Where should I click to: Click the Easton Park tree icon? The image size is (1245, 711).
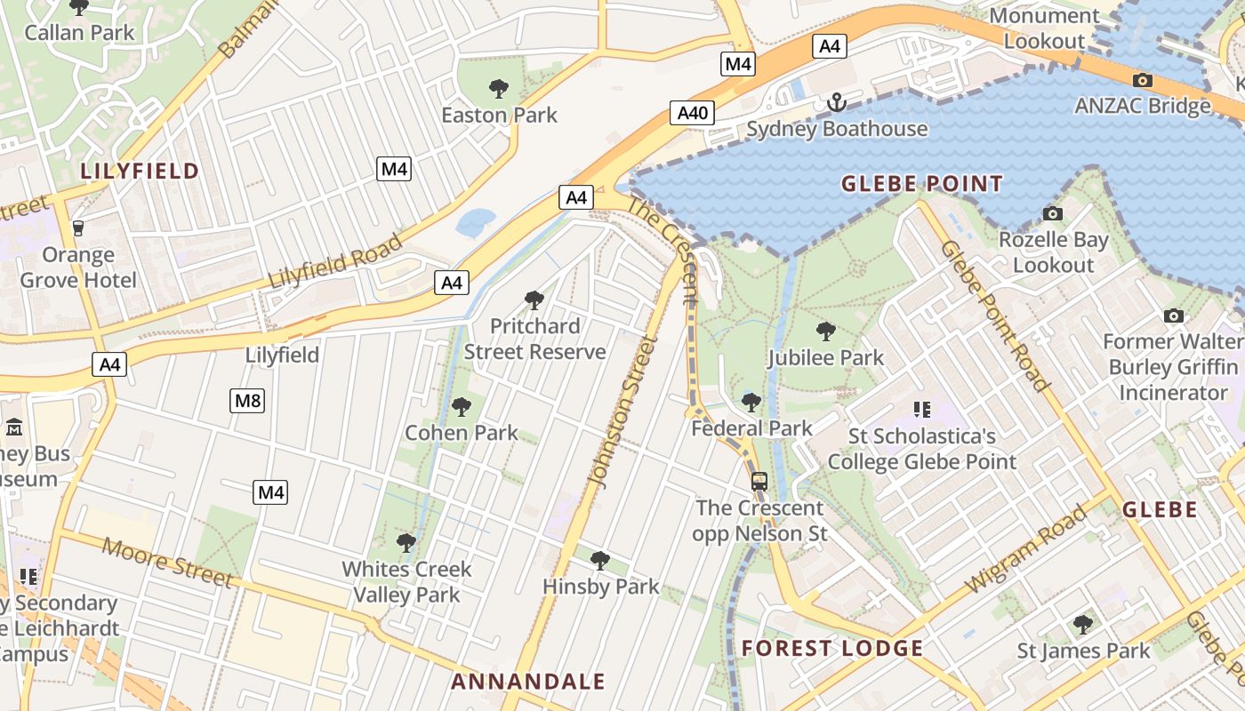coord(499,88)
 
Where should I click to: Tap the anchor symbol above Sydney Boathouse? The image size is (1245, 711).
coord(836,102)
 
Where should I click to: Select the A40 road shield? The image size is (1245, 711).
coord(693,113)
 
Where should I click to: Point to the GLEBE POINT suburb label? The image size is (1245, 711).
coord(921,185)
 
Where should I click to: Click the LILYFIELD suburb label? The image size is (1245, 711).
coord(141,172)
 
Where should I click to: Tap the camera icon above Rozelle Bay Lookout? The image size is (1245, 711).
coord(1053,213)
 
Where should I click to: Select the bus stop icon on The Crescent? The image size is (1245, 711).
coord(759,482)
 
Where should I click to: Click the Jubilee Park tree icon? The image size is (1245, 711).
coord(826,332)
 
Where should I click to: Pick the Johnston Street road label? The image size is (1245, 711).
coord(622,412)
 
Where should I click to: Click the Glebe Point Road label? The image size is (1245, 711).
coord(994,316)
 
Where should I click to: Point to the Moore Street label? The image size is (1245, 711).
coord(167,562)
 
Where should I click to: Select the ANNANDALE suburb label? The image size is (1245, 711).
coord(527,683)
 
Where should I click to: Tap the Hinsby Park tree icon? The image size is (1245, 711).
coord(600,560)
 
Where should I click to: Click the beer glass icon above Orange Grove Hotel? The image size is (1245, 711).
coord(78,228)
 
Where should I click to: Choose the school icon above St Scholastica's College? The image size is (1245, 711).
coord(921,410)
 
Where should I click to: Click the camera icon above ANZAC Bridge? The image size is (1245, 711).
coord(1143,80)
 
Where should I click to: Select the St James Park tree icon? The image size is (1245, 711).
coord(1082,624)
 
